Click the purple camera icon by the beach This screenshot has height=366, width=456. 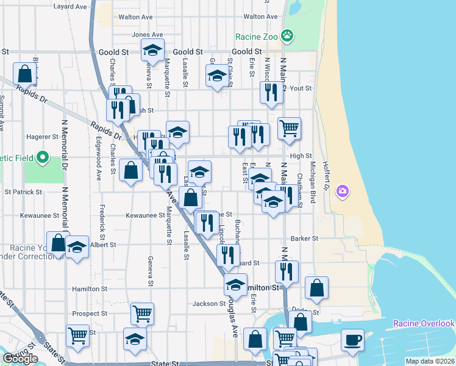(x=343, y=191)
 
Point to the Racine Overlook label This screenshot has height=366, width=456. (x=424, y=323)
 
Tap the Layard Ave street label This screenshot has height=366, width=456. (x=71, y=7)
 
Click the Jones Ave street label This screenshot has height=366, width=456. (x=148, y=35)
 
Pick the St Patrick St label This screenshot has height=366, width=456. (x=23, y=192)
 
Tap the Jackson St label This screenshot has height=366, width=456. (x=209, y=304)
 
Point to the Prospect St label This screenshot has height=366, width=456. (x=90, y=314)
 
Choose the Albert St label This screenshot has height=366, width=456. (x=103, y=245)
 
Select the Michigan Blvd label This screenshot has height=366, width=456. (x=314, y=178)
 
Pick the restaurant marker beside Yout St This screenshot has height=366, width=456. (x=271, y=92)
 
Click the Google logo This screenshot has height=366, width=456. (x=20, y=359)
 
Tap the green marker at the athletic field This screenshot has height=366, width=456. (x=43, y=159)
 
